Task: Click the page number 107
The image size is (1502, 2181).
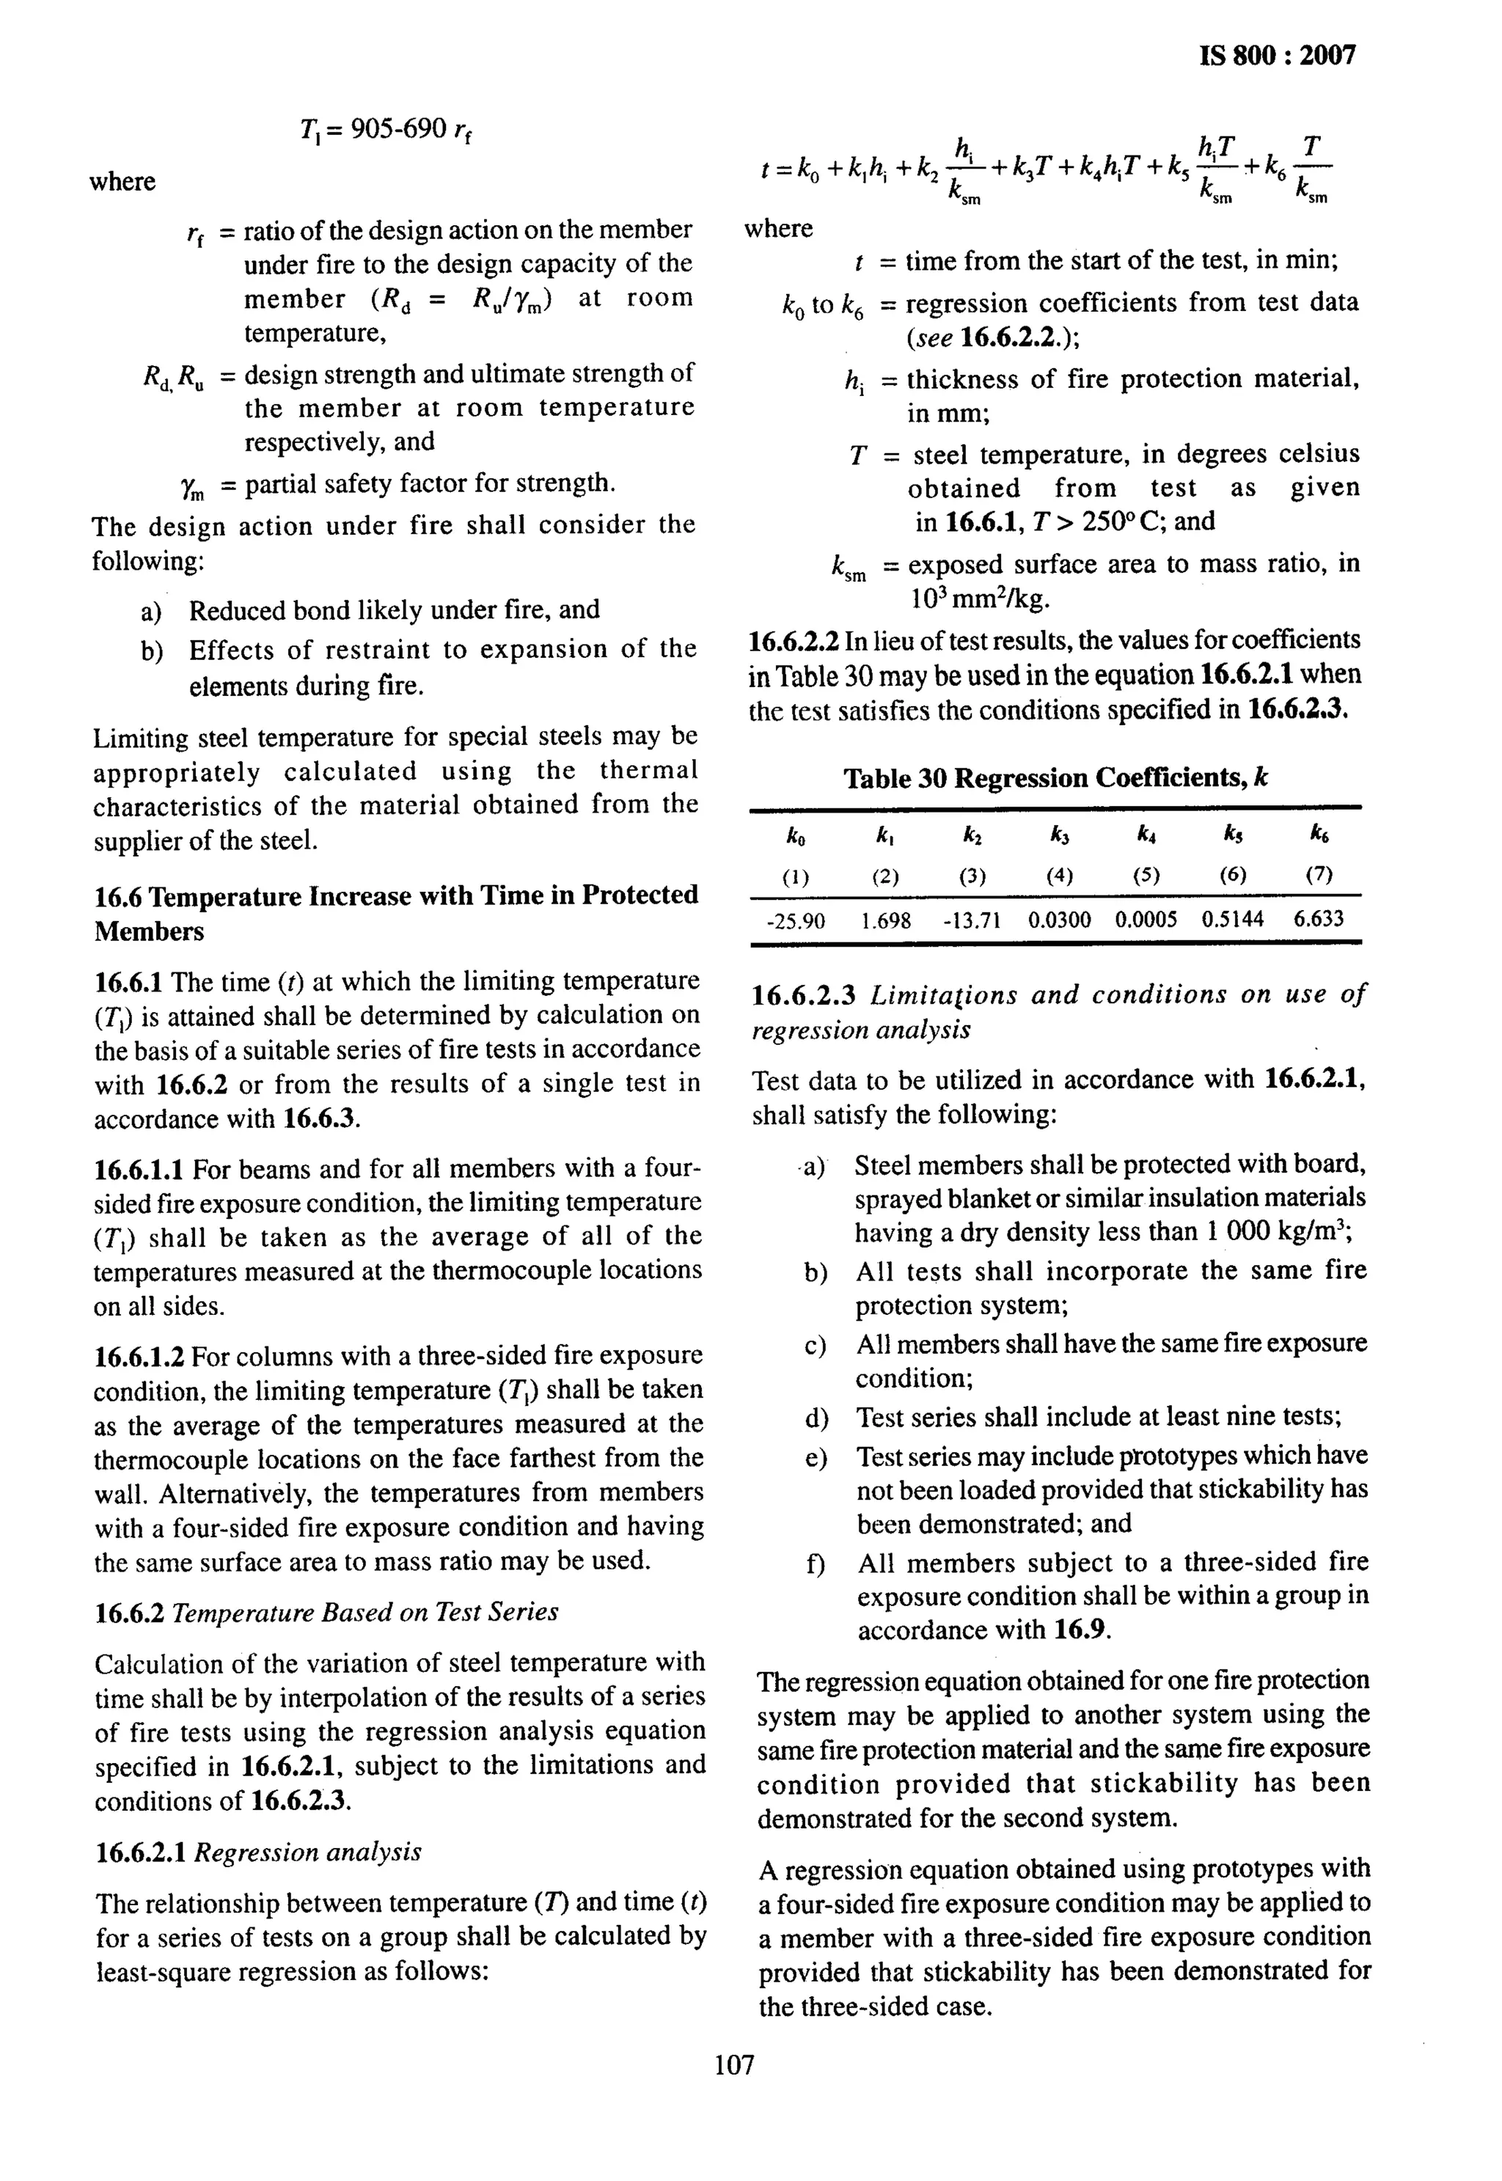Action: pos(734,2065)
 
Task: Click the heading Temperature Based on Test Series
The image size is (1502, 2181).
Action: pos(365,1613)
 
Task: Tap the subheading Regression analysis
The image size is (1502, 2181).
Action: pos(308,1852)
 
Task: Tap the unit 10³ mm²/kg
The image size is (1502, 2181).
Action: pos(979,598)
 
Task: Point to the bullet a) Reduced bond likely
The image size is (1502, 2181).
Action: pos(150,612)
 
